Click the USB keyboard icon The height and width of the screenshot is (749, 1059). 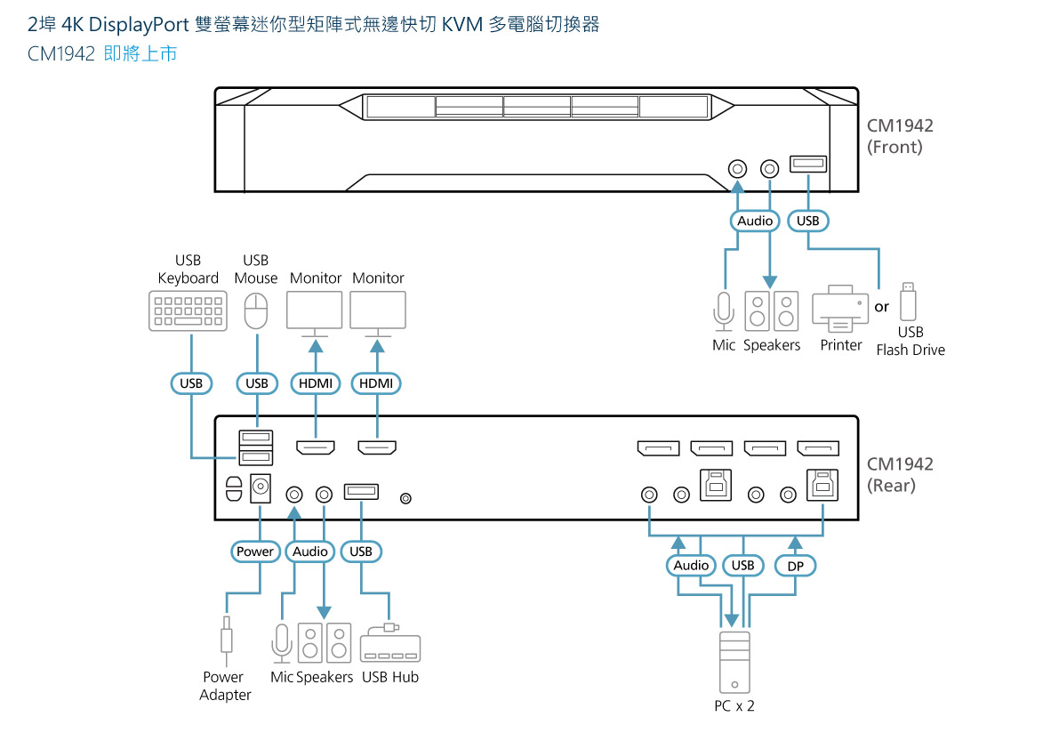point(187,312)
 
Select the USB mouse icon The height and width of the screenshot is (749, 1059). point(256,311)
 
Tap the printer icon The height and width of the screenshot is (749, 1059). point(839,310)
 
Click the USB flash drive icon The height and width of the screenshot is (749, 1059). point(907,302)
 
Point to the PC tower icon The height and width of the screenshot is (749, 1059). point(734,662)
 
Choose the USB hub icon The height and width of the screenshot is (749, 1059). point(390,646)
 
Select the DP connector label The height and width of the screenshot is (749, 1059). point(795,566)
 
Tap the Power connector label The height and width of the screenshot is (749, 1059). point(255,552)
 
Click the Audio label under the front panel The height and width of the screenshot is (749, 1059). point(755,221)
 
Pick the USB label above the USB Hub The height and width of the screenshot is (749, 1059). point(361,552)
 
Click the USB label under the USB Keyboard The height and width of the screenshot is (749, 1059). point(190,383)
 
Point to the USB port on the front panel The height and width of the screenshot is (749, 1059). point(808,164)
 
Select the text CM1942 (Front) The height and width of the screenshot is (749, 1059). point(900,136)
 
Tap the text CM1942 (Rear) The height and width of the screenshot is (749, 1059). point(900,474)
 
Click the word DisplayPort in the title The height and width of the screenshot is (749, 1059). point(138,25)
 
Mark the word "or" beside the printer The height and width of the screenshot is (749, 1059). point(881,307)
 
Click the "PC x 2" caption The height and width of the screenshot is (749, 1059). point(734,705)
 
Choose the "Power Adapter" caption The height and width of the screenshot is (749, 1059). point(225,686)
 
